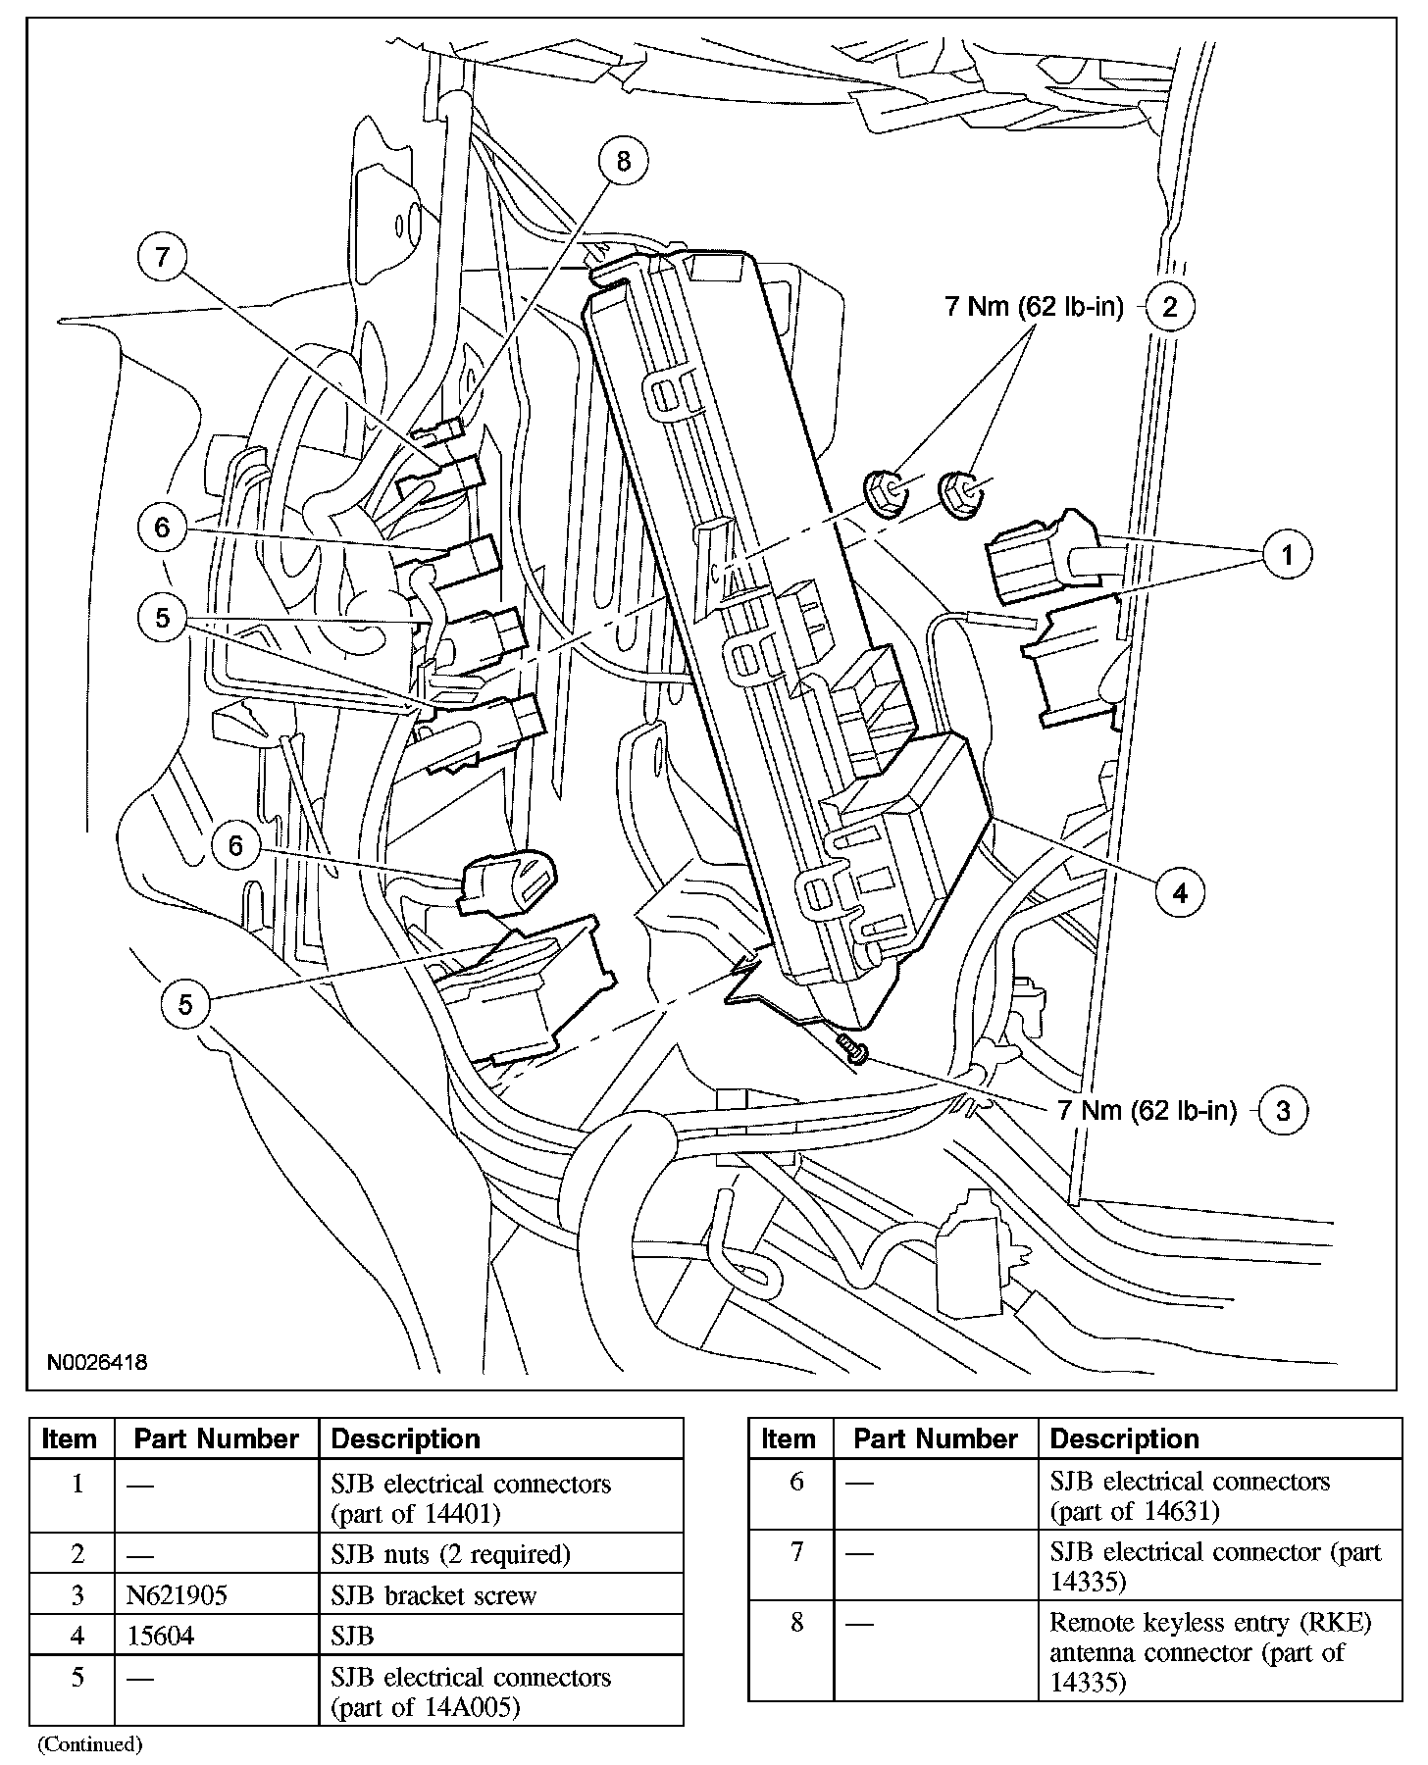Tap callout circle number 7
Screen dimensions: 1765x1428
coord(163,258)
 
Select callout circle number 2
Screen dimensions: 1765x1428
coord(1169,307)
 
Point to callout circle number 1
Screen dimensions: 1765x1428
coord(1287,555)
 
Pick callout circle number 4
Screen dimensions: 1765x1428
coord(1180,892)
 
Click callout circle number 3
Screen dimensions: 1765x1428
coord(1283,1110)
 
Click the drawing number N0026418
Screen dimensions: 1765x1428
coord(96,1363)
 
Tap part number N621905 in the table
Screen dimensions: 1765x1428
coord(177,1595)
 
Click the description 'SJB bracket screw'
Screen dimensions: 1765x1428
coord(433,1595)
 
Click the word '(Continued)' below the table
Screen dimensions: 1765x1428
coord(90,1744)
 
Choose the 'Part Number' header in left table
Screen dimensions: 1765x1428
coord(216,1439)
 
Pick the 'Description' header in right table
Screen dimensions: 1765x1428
coord(1124,1439)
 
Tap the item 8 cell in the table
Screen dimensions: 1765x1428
coord(795,1623)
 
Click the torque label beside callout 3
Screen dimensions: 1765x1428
coord(1147,1110)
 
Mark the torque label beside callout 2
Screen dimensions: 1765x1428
coord(1033,307)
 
